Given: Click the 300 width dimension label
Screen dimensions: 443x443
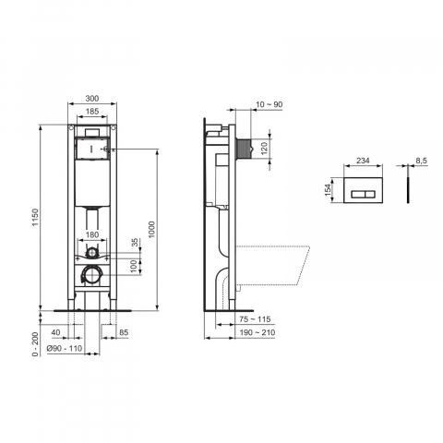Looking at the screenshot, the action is [x=92, y=99].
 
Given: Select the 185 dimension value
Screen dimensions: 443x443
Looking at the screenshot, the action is [x=92, y=111].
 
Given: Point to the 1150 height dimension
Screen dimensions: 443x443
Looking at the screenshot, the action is [x=35, y=217].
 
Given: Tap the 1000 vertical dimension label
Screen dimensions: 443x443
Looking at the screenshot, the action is [x=151, y=229].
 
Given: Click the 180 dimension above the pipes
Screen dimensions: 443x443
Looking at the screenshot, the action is [x=92, y=234].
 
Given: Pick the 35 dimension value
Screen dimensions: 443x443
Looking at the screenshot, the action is [x=136, y=243].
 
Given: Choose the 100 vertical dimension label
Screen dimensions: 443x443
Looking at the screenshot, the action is [x=133, y=267].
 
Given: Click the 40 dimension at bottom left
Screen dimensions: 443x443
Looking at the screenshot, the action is [x=55, y=332].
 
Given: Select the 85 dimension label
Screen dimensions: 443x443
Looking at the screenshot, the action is [x=124, y=332].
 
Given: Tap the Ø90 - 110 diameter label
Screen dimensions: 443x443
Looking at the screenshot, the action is [x=65, y=348].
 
